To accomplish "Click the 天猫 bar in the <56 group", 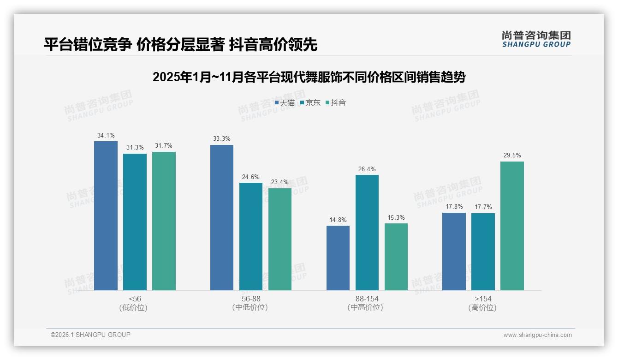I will tap(106, 216).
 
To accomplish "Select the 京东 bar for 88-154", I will tap(367, 233).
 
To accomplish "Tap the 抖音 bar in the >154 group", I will tap(512, 226).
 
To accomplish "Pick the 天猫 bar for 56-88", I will tap(222, 217).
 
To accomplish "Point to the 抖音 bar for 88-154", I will tap(396, 257).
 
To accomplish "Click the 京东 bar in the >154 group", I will tap(483, 252).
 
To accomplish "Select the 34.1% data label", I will tap(106, 136).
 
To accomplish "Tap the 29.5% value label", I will tap(512, 156).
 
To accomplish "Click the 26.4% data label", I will tap(367, 169).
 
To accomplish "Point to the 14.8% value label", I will tap(338, 220).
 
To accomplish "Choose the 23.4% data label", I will tap(280, 182).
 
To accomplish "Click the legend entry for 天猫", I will tap(285, 103).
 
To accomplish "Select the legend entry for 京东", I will tap(310, 103).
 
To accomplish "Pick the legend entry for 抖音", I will tap(336, 103).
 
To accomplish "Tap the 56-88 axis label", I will tap(250, 299).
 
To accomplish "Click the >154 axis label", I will tap(482, 299).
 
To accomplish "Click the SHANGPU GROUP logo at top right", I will tap(536, 39).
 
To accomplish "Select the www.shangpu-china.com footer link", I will tap(537, 335).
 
